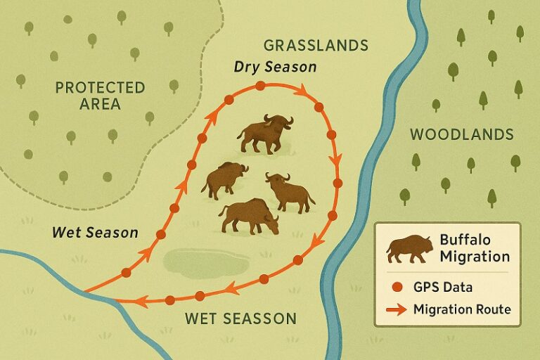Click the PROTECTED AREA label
[100, 96]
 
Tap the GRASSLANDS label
[316, 46]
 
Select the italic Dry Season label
[275, 67]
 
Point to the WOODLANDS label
[462, 134]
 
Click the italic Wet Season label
[95, 232]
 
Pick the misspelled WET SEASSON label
[240, 319]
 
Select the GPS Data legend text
[443, 287]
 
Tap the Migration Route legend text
[462, 309]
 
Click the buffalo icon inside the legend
[409, 248]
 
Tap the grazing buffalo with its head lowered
[249, 215]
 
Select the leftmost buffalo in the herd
[224, 179]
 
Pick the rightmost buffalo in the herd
[289, 191]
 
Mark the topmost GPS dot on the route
[260, 86]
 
